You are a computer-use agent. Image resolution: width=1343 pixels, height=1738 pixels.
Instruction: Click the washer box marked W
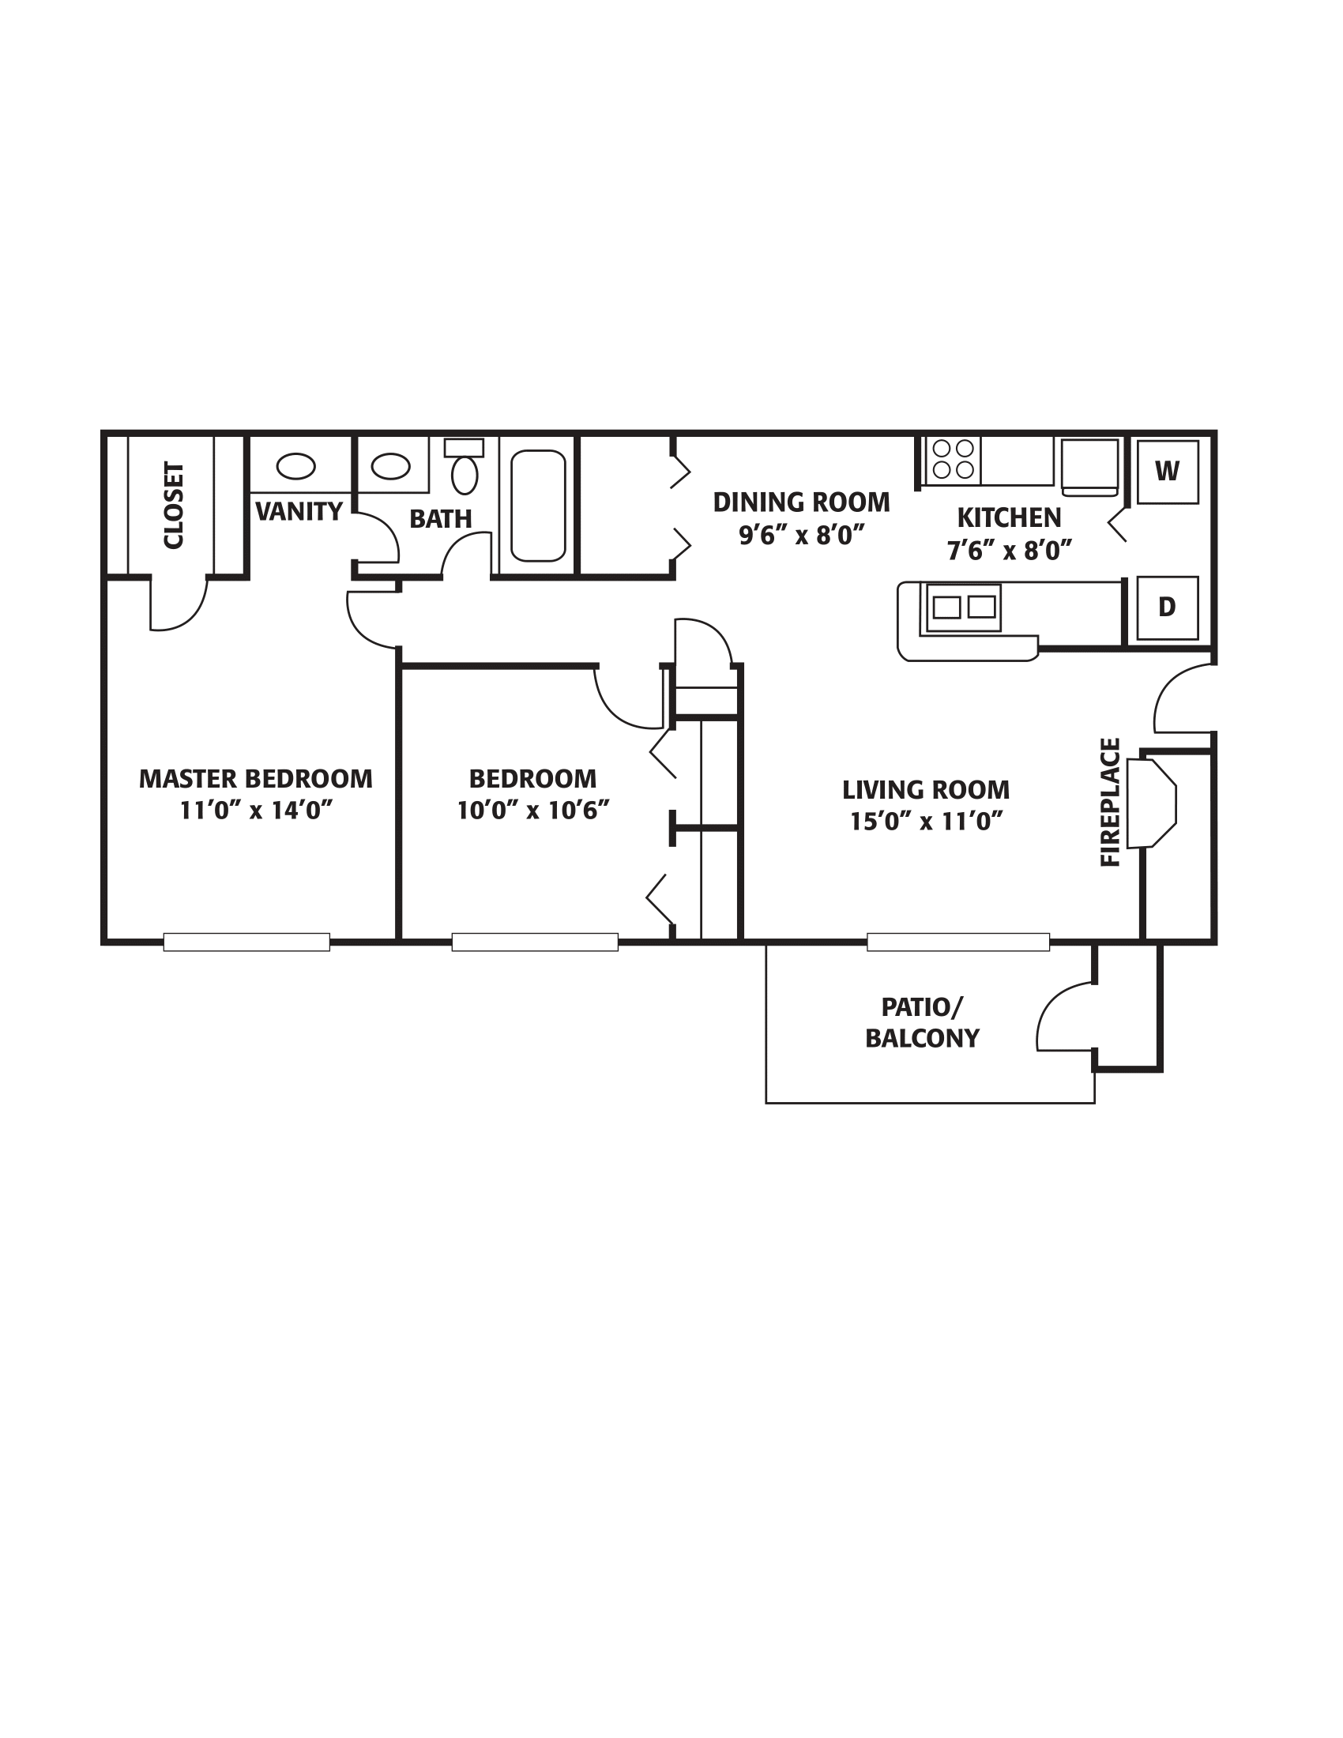tap(1167, 472)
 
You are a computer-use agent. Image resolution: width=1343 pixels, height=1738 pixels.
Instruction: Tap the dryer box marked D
tap(1167, 608)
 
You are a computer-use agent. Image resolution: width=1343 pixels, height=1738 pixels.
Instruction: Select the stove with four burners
tap(954, 459)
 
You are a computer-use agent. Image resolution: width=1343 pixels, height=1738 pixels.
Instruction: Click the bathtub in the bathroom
tap(538, 506)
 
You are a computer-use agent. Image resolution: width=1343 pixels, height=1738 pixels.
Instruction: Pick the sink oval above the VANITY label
tap(295, 465)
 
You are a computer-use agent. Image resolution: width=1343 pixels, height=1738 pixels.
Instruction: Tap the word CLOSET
tap(174, 506)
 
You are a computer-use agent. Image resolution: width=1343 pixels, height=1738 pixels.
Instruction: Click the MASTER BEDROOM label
tap(255, 778)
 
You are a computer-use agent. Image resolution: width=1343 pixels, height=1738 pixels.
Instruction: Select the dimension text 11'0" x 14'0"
tap(255, 810)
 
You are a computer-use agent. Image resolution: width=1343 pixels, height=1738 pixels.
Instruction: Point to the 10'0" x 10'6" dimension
tap(533, 810)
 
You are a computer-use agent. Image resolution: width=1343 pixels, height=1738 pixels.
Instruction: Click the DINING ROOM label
tap(801, 502)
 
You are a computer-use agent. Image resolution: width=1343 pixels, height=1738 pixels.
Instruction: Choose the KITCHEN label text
tap(1009, 518)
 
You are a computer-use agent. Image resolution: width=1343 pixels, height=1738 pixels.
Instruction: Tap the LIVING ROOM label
tap(926, 790)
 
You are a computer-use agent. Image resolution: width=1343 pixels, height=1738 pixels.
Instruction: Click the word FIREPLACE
tap(1111, 802)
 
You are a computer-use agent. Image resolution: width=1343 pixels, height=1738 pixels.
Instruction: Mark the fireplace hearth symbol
tap(1151, 803)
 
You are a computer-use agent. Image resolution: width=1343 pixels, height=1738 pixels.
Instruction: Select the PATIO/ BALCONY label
tap(922, 1022)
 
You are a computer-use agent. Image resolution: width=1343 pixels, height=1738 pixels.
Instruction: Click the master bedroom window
tap(246, 942)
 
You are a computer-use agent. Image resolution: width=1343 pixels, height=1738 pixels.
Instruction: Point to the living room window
tap(958, 942)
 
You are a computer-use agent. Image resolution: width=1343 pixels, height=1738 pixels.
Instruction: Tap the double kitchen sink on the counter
tap(964, 608)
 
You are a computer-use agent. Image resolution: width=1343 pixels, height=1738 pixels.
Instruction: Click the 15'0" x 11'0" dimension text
tap(926, 822)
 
